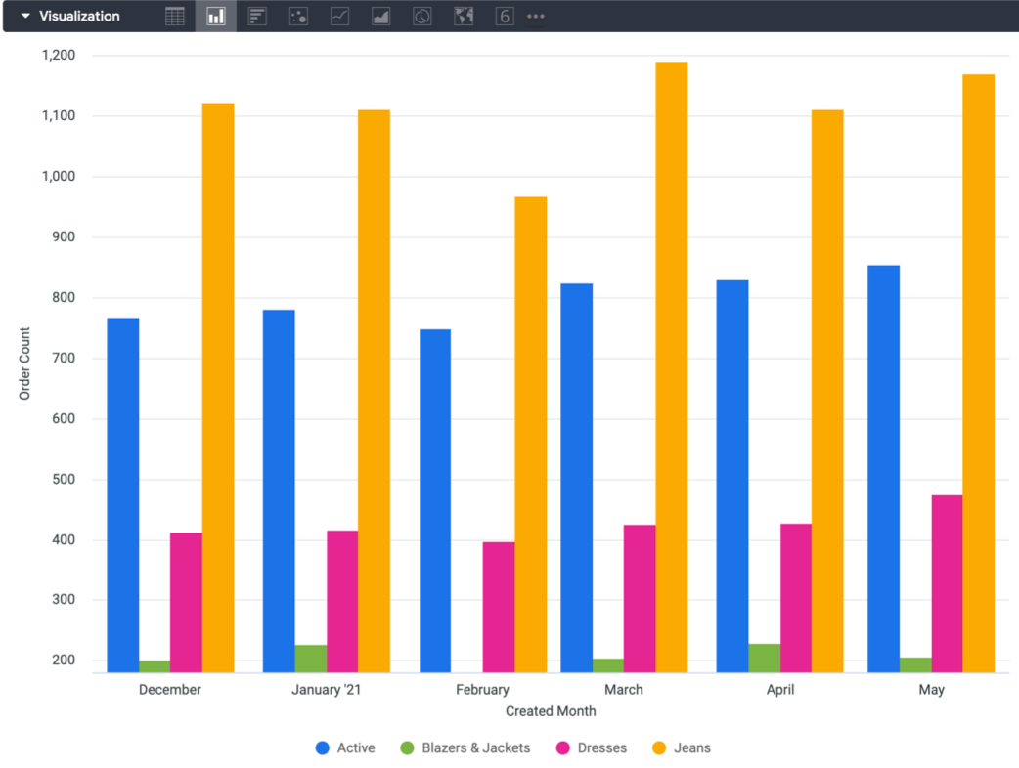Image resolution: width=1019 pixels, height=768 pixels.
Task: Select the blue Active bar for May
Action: (x=883, y=469)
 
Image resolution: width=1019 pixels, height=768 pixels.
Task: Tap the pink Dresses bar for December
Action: (x=186, y=602)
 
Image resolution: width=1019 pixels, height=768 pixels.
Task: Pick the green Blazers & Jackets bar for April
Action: (x=764, y=658)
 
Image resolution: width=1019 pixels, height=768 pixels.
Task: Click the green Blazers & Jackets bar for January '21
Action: (x=311, y=659)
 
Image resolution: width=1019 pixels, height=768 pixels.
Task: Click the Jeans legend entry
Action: (x=682, y=748)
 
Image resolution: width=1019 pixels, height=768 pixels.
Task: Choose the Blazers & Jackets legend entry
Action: (x=465, y=748)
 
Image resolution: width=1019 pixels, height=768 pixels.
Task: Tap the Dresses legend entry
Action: (x=592, y=748)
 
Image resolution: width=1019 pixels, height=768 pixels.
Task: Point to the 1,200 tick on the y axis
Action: (x=59, y=56)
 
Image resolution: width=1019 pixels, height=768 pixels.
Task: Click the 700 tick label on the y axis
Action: (x=66, y=359)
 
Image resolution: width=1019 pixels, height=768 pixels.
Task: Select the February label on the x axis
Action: (x=482, y=690)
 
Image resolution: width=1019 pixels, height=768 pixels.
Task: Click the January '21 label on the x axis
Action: (x=327, y=690)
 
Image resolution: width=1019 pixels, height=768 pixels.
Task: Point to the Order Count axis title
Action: (x=25, y=363)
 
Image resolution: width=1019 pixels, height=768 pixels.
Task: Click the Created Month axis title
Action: (x=551, y=711)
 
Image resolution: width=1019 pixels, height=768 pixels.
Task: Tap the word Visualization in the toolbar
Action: (x=79, y=17)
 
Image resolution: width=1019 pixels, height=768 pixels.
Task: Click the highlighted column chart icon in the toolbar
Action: (x=215, y=17)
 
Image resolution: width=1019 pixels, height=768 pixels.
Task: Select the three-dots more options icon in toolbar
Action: (x=536, y=17)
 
